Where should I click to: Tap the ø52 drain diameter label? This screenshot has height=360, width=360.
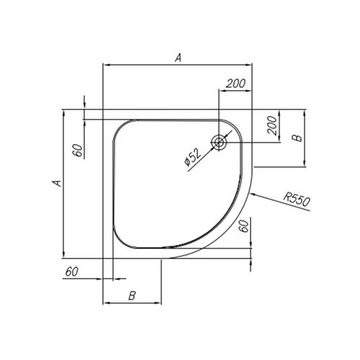tap(193, 157)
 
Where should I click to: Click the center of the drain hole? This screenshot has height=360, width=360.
tap(219, 143)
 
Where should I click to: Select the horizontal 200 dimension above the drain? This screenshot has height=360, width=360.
tap(235, 84)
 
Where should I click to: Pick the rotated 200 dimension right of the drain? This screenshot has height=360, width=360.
tap(272, 125)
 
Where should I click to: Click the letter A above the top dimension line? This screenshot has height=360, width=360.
tap(178, 58)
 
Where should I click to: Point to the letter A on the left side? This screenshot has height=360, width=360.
tap(57, 183)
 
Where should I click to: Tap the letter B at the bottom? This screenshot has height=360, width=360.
tap(132, 296)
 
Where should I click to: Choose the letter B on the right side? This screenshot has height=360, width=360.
tap(297, 138)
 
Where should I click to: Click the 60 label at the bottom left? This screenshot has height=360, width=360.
tap(72, 271)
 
